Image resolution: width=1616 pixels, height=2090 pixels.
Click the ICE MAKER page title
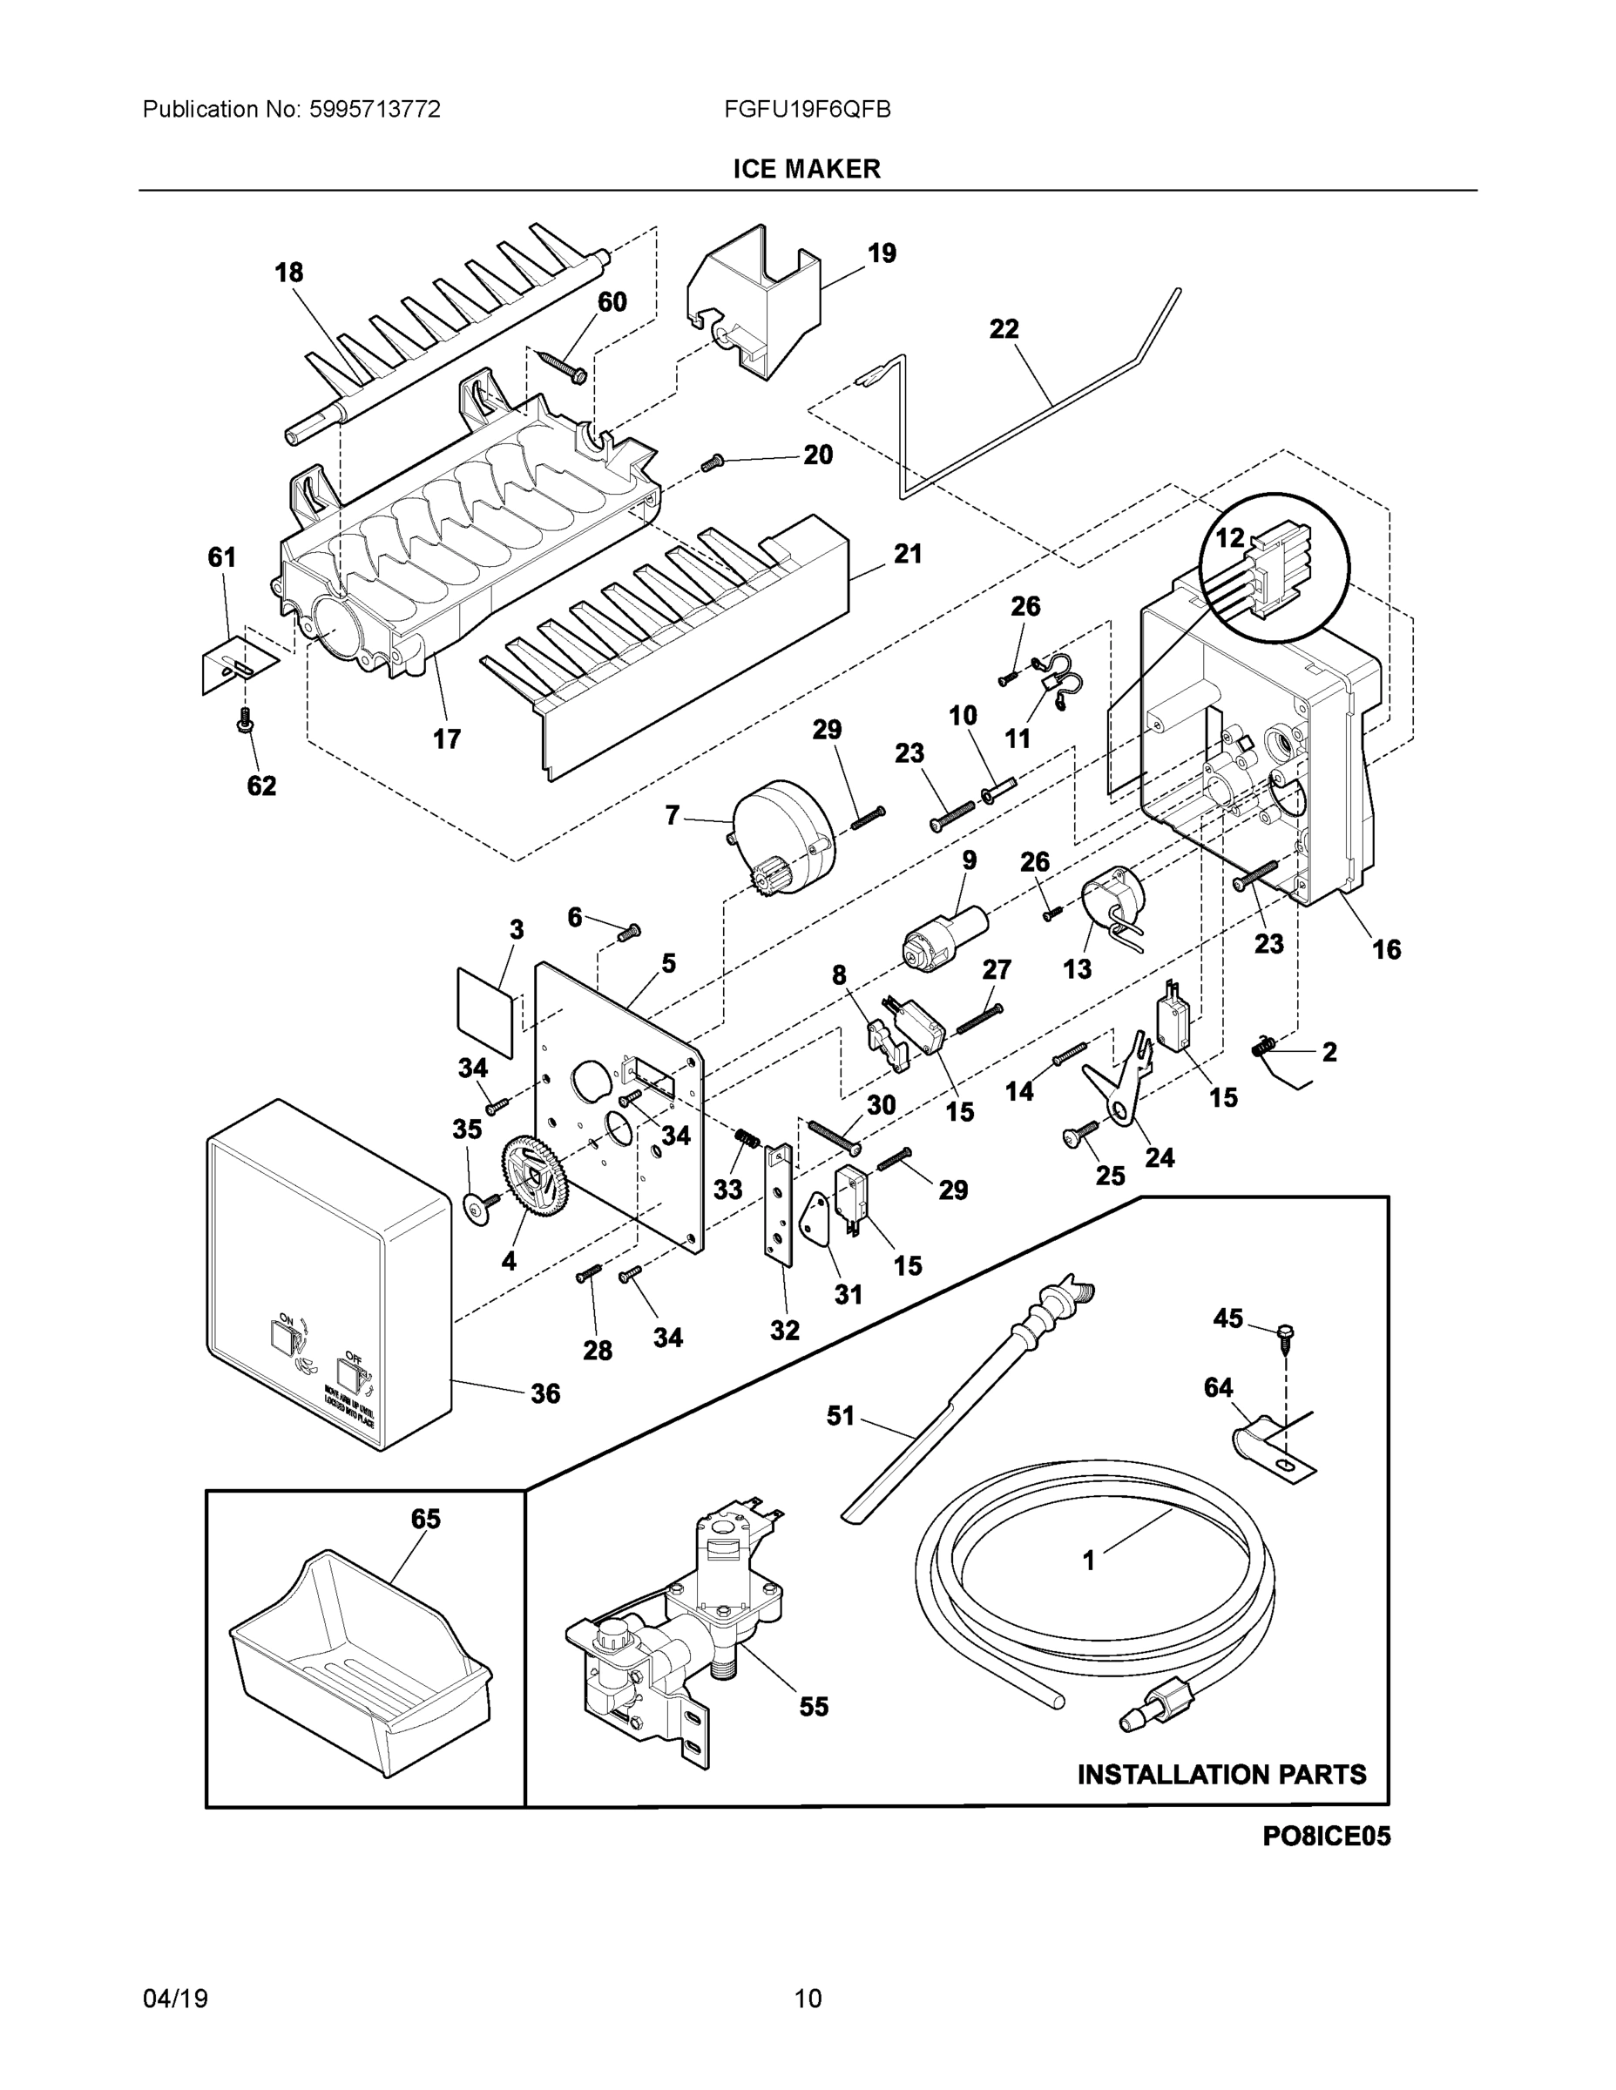pos(806,170)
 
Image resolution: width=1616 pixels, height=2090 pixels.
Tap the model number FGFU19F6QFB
pos(807,110)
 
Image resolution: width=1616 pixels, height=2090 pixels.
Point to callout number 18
pos(288,273)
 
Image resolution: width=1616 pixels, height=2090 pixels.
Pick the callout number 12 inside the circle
pos(1229,538)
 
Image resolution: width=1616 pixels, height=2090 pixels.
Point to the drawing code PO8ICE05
pos(1326,1837)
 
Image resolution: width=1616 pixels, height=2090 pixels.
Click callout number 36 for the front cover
pos(545,1393)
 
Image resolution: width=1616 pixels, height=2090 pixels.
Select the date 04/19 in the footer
pos(175,1999)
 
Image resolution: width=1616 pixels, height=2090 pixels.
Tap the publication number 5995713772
pos(375,110)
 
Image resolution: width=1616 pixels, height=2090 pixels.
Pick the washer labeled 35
pos(475,1210)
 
